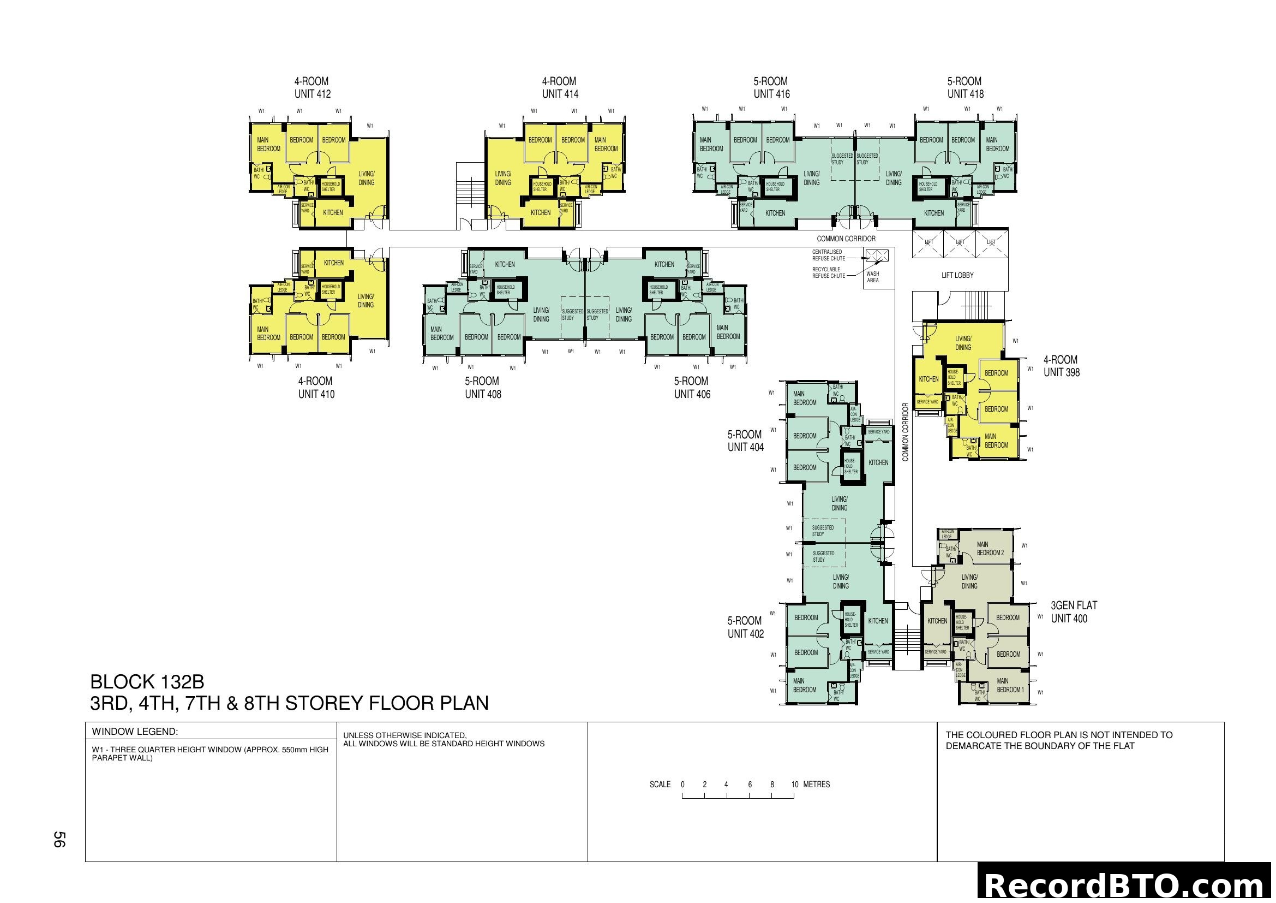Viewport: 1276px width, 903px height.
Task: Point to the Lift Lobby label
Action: coord(957,275)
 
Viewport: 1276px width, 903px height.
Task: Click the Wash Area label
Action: coord(872,277)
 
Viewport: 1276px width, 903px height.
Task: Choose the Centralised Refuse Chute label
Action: coord(828,255)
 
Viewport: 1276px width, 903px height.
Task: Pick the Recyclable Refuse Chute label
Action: coord(828,272)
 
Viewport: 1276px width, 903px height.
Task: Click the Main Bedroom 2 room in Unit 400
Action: coord(990,549)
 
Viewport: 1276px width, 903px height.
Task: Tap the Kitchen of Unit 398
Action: coord(928,379)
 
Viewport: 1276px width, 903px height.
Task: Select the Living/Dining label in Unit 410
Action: coord(365,301)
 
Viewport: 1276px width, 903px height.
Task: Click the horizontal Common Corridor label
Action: coord(846,239)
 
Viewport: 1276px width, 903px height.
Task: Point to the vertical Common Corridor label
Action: coord(906,432)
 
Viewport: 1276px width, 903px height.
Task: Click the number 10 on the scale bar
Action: coord(794,785)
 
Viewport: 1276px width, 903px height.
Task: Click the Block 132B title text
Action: coord(147,682)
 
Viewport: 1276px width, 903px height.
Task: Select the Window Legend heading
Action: coord(135,732)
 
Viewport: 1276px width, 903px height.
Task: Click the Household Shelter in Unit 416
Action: coord(775,186)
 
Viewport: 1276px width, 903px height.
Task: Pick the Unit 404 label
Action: coord(745,441)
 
